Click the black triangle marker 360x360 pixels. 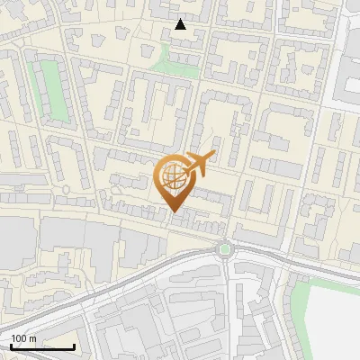pos(181,24)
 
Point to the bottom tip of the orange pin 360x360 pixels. pos(175,212)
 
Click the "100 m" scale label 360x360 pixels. pos(23,338)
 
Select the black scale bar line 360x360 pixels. pos(42,347)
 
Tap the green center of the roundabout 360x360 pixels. pos(224,249)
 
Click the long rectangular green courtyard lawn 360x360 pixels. pos(56,91)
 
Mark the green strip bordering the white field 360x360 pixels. pos(300,306)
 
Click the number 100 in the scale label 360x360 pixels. pos(19,338)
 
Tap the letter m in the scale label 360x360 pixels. pos(32,339)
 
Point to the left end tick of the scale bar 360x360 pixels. pos(11,346)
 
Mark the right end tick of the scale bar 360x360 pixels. pos(74,346)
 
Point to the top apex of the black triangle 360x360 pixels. pos(181,19)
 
